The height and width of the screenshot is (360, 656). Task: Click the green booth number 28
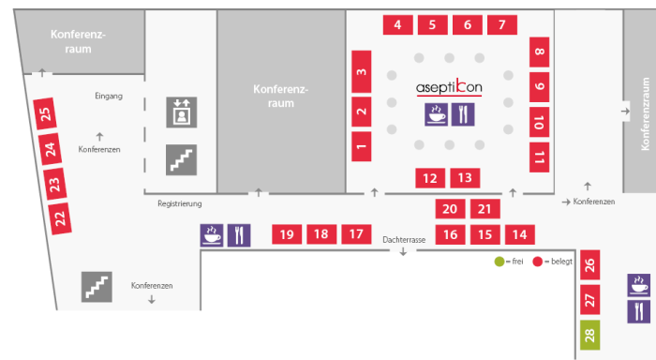pos(589,335)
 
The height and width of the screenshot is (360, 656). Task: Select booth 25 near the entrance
pos(45,113)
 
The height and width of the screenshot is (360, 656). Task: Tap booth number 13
pos(465,178)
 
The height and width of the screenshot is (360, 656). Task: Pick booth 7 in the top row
pos(502,24)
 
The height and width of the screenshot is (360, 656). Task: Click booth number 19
pos(287,234)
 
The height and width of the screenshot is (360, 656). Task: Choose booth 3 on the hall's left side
pos(362,71)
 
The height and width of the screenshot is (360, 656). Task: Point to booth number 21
pos(485,208)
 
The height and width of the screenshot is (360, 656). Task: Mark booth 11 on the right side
pos(539,157)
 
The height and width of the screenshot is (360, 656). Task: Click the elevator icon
pos(182,112)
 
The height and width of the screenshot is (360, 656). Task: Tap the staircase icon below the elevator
pos(182,160)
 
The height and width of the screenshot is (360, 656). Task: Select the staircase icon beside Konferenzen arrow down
pos(97,287)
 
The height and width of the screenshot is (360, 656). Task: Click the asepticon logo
pos(449,87)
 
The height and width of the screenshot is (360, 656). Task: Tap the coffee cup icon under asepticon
pos(437,114)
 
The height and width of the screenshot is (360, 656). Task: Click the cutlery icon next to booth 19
pos(239,235)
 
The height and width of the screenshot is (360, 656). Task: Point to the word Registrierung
pos(180,203)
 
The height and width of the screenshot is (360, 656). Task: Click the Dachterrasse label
pos(404,240)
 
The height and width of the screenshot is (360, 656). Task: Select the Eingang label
pos(109,96)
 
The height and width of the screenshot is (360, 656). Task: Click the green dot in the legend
pos(499,262)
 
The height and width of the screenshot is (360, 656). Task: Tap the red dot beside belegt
pos(538,262)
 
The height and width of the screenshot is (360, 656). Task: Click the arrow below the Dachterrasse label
pos(403,251)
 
